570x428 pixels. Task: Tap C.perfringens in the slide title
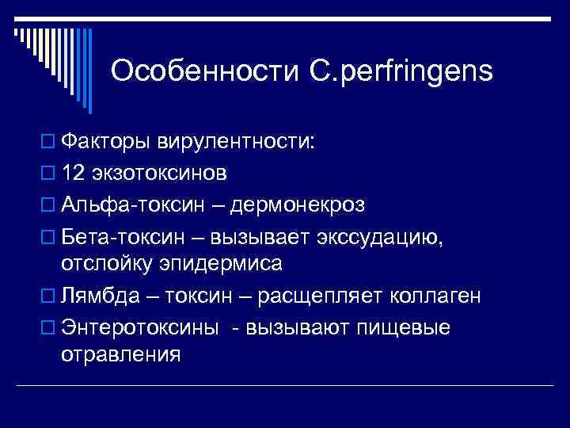[395, 73]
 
